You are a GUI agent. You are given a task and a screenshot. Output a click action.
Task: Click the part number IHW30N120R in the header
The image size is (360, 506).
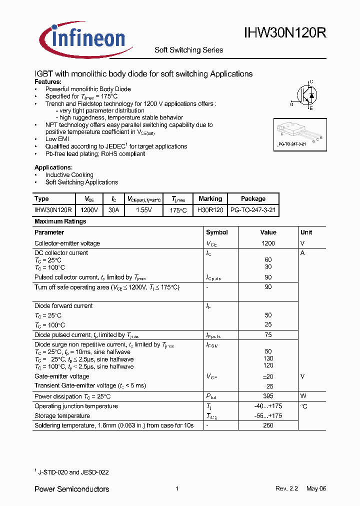coord(285,33)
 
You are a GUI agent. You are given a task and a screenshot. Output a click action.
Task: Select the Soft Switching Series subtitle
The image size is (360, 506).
coord(188,50)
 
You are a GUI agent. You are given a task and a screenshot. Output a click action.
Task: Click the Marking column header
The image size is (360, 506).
coord(210,198)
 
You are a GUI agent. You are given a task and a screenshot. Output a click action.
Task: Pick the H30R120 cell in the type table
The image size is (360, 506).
coord(210,210)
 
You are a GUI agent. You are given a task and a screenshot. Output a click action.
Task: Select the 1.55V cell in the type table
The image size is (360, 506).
coord(143,210)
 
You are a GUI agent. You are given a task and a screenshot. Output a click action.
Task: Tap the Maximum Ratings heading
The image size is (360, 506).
coord(60,221)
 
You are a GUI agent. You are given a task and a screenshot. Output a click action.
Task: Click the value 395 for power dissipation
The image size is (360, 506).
coord(268,396)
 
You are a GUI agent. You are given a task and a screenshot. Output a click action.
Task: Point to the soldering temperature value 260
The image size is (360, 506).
coord(268,425)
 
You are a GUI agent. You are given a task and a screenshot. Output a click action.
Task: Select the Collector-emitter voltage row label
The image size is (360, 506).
coord(67,243)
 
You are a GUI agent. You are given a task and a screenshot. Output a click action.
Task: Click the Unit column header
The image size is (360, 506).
coord(306,232)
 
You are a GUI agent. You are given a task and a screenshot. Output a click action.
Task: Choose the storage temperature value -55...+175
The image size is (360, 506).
coord(268,416)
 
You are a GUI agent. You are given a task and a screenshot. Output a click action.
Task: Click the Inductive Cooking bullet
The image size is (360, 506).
coord(69,175)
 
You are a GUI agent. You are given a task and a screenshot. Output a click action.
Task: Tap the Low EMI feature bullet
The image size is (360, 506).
coord(57,139)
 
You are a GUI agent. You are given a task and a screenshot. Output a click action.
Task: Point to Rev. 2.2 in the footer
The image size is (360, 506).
coord(286,489)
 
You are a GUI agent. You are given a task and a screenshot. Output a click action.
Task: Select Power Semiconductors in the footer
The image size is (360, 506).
coord(71,489)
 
